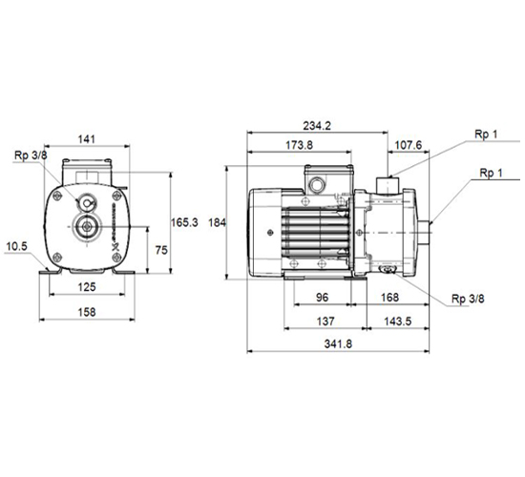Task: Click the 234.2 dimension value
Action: (317, 126)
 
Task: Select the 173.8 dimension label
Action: (299, 145)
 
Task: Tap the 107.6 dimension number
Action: (409, 145)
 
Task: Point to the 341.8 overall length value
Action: (338, 344)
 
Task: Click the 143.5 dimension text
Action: (397, 321)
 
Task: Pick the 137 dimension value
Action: (325, 321)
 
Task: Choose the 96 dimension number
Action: (322, 298)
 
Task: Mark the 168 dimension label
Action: (390, 298)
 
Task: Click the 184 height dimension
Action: (218, 222)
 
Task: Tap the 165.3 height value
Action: (184, 222)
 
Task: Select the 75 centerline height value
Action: (161, 250)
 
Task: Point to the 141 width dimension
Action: (87, 139)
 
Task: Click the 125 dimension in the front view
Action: (87, 287)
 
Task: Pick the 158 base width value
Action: (87, 312)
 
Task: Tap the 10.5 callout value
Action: (17, 247)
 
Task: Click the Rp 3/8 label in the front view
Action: (31, 156)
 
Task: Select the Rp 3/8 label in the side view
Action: (468, 299)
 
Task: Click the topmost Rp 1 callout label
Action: (486, 135)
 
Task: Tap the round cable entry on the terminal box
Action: (316, 184)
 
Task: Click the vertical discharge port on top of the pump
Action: (387, 186)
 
